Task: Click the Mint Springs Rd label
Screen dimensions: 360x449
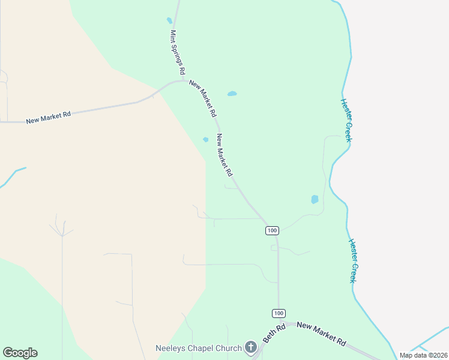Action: tap(177, 52)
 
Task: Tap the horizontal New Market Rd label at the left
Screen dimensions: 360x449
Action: tap(49, 117)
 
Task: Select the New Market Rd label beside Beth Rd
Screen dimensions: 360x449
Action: tap(321, 334)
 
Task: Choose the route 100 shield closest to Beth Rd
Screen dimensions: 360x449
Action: tap(278, 313)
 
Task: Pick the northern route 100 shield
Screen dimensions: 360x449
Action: tap(272, 230)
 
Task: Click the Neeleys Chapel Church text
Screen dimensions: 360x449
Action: tap(199, 348)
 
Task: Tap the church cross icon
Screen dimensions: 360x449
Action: tap(250, 347)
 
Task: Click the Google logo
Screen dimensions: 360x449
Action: tap(20, 353)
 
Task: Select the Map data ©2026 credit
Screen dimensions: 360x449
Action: tap(423, 355)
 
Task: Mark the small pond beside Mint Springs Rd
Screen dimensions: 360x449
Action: tap(169, 20)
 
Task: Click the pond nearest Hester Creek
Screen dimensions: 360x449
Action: tap(315, 199)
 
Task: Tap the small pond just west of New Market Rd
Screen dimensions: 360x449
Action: tap(205, 140)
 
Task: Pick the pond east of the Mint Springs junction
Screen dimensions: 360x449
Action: tap(232, 94)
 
